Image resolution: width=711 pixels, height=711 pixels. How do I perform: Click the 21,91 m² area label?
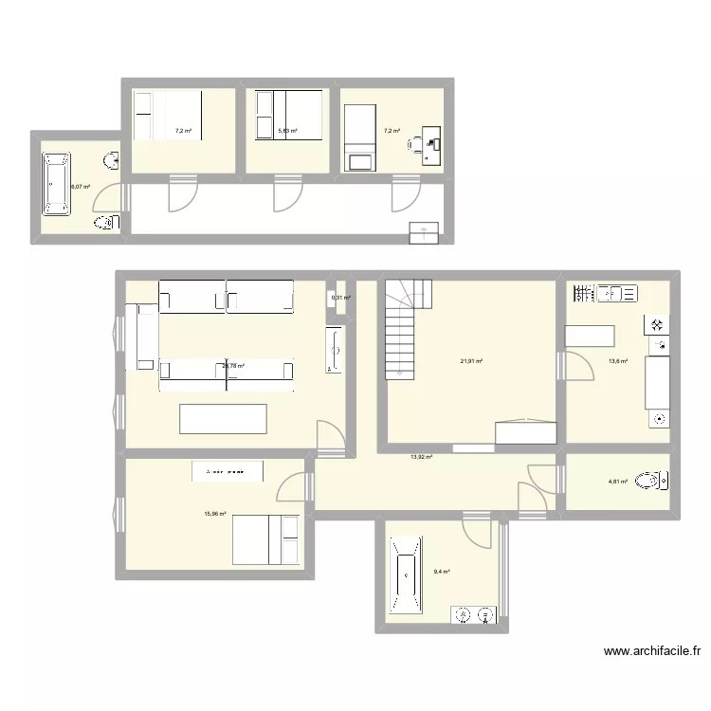pyautogui.click(x=472, y=361)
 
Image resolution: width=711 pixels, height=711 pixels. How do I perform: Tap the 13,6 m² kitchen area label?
pyautogui.click(x=617, y=361)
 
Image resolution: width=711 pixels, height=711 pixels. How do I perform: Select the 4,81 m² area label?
pyautogui.click(x=617, y=482)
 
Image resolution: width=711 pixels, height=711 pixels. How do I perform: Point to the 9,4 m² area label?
pyautogui.click(x=441, y=572)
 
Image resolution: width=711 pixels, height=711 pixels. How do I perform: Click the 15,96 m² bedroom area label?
pyautogui.click(x=215, y=514)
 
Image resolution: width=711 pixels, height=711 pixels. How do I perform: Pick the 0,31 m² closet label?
pyautogui.click(x=340, y=299)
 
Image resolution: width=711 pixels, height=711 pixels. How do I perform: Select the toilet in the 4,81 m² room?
pyautogui.click(x=653, y=481)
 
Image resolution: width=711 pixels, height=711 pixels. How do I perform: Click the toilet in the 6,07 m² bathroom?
pyautogui.click(x=105, y=223)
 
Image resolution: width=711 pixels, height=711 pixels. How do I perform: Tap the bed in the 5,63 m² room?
pyautogui.click(x=289, y=116)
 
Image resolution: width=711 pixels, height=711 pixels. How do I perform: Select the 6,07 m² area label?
pyautogui.click(x=81, y=187)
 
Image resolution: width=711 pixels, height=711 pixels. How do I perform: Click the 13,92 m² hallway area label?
pyautogui.click(x=421, y=458)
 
